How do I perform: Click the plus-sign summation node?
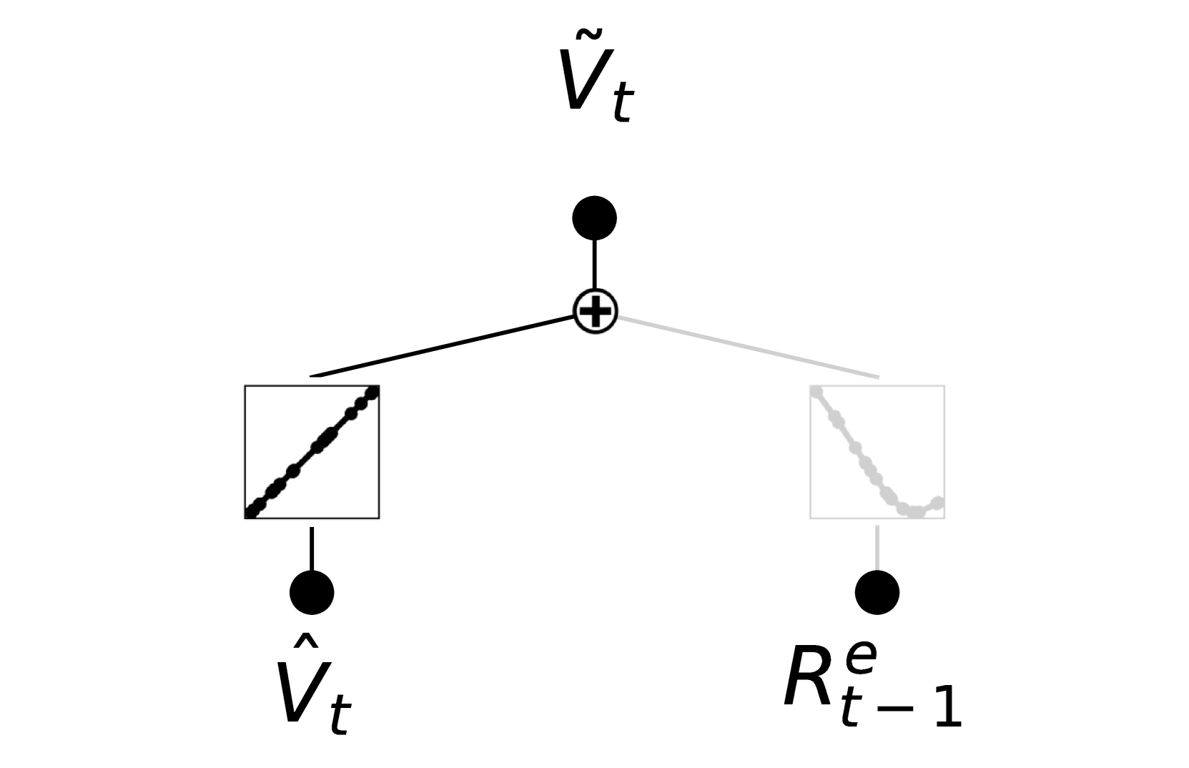595,311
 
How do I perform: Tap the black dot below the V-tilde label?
595,218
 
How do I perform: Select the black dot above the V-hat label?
312,592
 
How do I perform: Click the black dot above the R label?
877,592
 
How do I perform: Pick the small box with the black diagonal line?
312,452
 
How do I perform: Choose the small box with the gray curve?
877,452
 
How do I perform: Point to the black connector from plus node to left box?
443,345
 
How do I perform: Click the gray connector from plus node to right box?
747,345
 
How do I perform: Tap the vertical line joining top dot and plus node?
595,265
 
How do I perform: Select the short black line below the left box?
312,548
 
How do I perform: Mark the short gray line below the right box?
877,548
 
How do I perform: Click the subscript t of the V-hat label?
340,715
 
